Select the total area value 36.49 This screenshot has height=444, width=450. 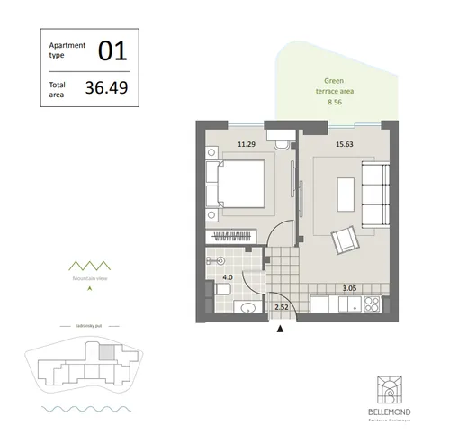(x=104, y=88)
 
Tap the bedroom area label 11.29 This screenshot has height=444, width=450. (x=246, y=142)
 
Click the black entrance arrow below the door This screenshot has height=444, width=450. (x=281, y=330)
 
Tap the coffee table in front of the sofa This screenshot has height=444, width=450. (x=346, y=192)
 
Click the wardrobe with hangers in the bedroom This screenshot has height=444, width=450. (x=238, y=237)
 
